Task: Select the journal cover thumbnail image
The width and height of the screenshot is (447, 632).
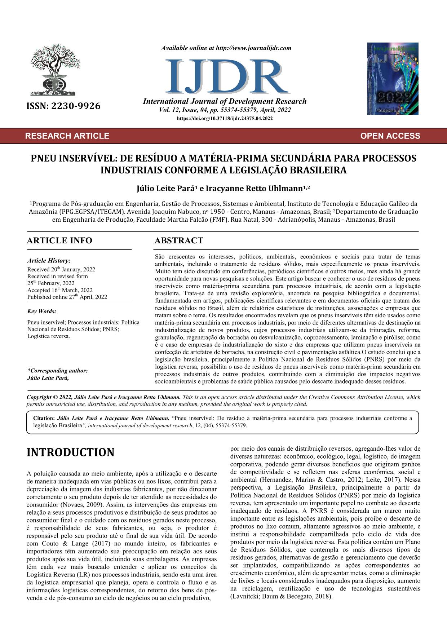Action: [x=393, y=79]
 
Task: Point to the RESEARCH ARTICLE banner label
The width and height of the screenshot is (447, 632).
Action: [x=67, y=136]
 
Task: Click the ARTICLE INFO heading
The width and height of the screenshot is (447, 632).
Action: [x=59, y=240]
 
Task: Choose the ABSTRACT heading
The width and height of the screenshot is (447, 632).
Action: [x=179, y=240]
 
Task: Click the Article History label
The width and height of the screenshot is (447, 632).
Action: [x=49, y=261]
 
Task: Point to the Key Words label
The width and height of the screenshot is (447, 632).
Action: [x=41, y=311]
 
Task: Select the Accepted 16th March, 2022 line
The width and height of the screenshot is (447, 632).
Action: [x=60, y=290]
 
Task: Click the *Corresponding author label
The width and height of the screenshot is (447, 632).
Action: [x=57, y=371]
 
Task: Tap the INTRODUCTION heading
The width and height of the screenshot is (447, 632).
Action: [x=71, y=452]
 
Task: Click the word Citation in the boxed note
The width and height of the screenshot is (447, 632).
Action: [x=43, y=418]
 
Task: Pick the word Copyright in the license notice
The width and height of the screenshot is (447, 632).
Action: [x=39, y=397]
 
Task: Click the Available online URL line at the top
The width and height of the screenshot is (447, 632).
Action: [x=226, y=48]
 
